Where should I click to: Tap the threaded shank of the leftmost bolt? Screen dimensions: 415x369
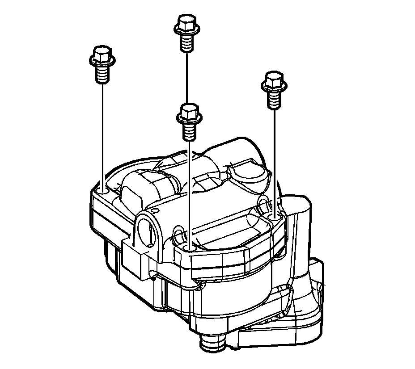102,73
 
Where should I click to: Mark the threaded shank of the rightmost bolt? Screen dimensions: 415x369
273,99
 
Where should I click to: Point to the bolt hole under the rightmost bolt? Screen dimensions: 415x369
274,216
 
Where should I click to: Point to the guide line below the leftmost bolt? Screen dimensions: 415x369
103,134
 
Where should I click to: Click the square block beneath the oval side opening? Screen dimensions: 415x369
134,261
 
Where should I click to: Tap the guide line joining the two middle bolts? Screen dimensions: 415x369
186,76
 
